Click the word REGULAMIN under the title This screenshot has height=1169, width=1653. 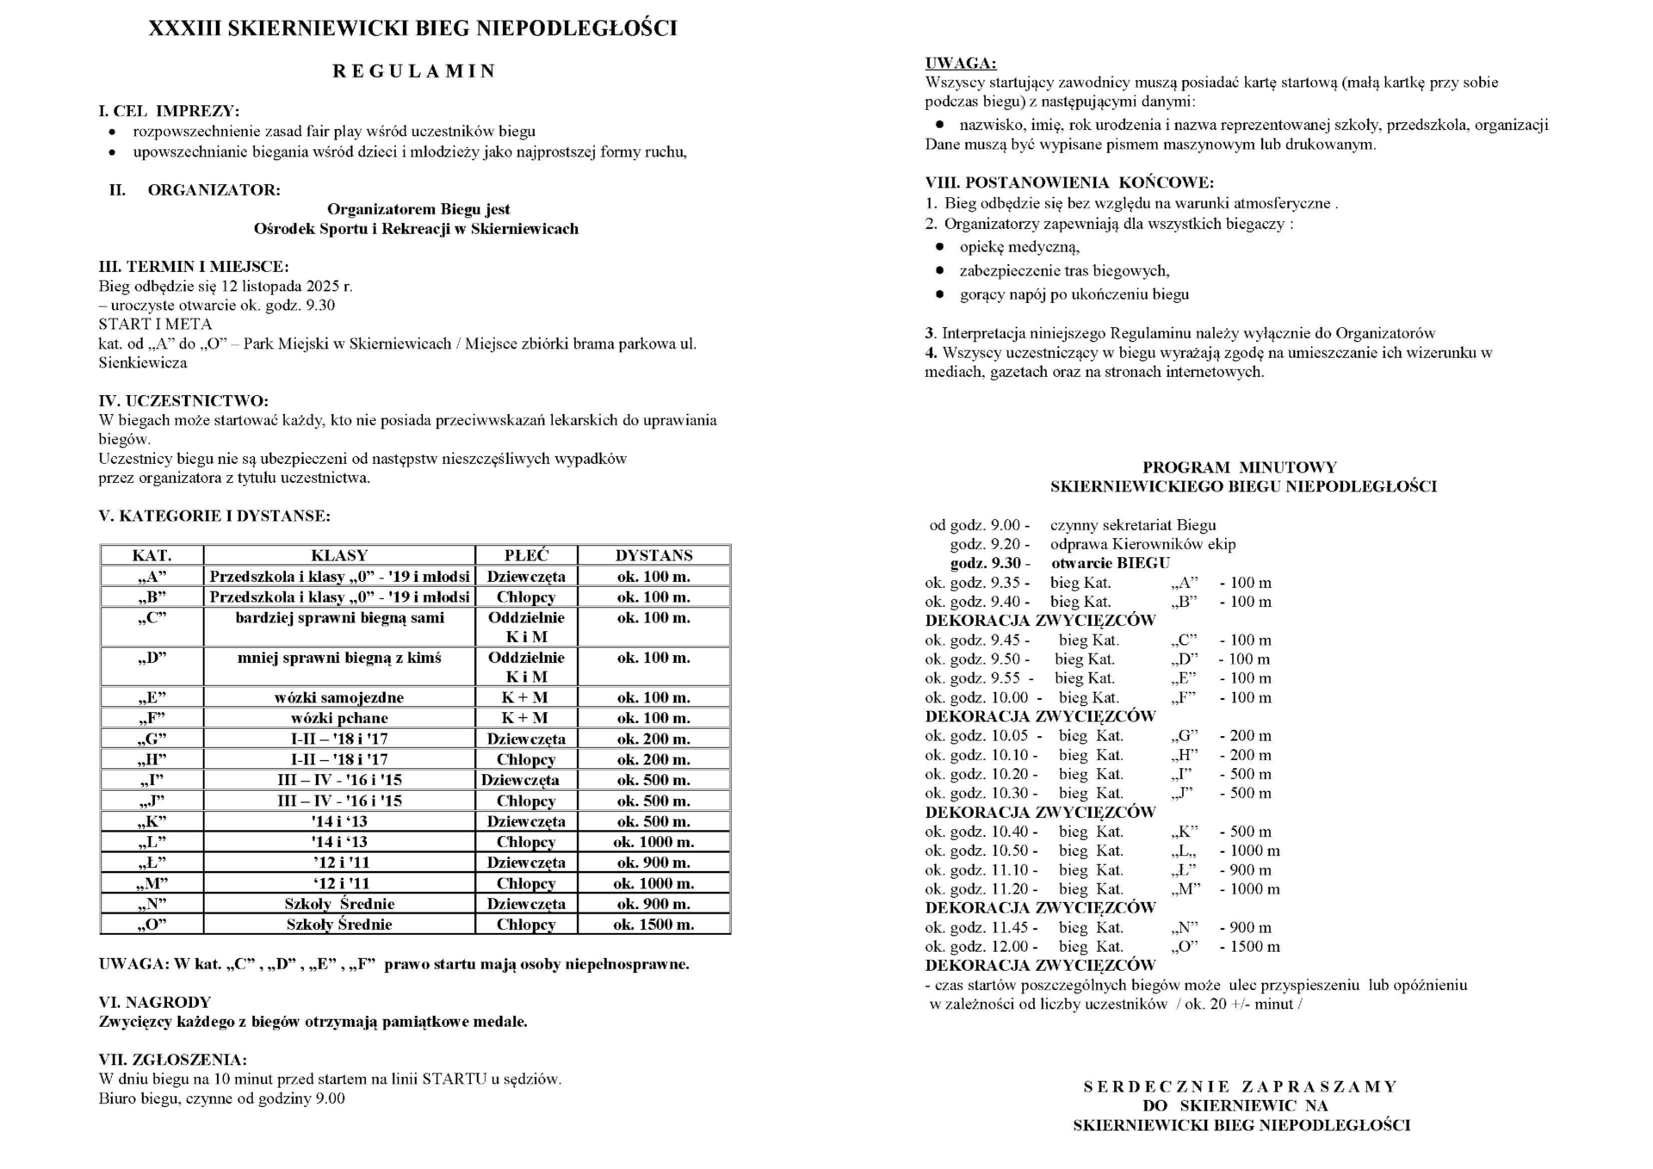point(414,71)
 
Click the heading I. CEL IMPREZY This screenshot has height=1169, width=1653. point(169,111)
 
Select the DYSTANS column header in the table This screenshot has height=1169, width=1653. point(653,555)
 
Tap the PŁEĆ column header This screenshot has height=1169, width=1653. point(526,555)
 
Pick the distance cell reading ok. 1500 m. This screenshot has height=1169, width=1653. point(653,925)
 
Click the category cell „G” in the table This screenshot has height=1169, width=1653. point(152,739)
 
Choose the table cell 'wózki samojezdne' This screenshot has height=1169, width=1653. point(339,697)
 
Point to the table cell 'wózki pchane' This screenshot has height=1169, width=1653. point(339,718)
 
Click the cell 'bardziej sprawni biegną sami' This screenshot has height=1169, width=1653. point(339,618)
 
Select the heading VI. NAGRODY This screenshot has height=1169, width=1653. point(155,1002)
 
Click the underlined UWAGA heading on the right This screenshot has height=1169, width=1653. point(961,63)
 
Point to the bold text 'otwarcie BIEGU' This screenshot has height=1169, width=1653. point(1111,563)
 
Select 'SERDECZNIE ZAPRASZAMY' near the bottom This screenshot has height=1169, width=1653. point(1240,1086)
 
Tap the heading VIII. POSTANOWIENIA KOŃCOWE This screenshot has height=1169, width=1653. point(1069,182)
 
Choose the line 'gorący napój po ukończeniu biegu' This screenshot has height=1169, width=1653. point(1074,294)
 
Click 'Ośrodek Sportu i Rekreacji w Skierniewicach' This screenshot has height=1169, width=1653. point(416,229)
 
